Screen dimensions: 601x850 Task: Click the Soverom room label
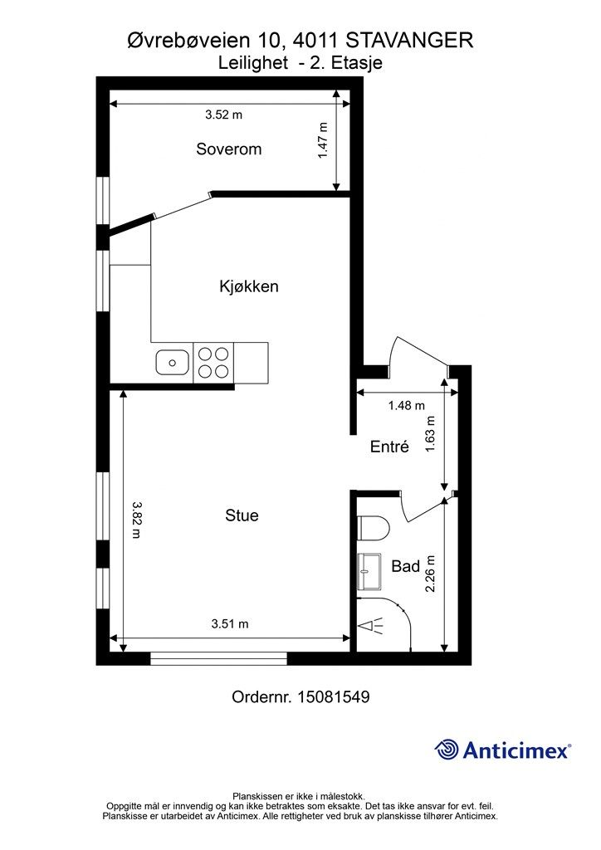pyautogui.click(x=228, y=149)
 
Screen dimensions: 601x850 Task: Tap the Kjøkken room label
pyautogui.click(x=249, y=286)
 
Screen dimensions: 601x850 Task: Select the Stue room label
pyautogui.click(x=242, y=515)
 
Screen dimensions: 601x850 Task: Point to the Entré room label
pyautogui.click(x=389, y=446)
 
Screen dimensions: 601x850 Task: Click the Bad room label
pyautogui.click(x=405, y=566)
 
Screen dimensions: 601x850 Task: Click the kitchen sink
pyautogui.click(x=173, y=362)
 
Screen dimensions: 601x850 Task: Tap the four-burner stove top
pyautogui.click(x=213, y=363)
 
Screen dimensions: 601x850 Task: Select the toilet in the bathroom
pyautogui.click(x=374, y=528)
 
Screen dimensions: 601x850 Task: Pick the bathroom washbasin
pyautogui.click(x=369, y=571)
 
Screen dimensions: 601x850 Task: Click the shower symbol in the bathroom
pyautogui.click(x=371, y=626)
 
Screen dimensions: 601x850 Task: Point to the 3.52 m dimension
pyautogui.click(x=223, y=115)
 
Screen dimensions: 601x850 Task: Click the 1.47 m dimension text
pyautogui.click(x=323, y=140)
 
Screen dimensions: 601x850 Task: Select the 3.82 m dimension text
pyautogui.click(x=136, y=520)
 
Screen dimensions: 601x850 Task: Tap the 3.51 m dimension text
pyautogui.click(x=230, y=624)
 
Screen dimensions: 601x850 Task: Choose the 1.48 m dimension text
pyautogui.click(x=407, y=405)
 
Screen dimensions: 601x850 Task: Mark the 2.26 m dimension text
pyautogui.click(x=430, y=574)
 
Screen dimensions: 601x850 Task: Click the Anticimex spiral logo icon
pyautogui.click(x=446, y=750)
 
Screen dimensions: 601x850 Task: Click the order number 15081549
pyautogui.click(x=333, y=696)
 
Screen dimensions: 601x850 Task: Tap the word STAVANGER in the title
pyautogui.click(x=409, y=40)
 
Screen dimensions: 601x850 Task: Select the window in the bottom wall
pyautogui.click(x=218, y=658)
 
